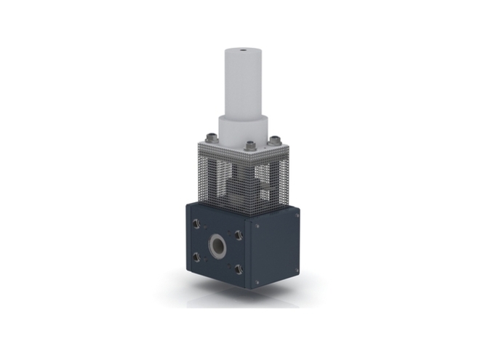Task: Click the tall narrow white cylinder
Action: tap(242, 84)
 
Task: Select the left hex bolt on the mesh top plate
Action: tap(211, 138)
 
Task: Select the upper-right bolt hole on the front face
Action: tap(238, 234)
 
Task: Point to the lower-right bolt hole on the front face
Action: tap(238, 269)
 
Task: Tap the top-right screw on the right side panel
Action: tap(295, 212)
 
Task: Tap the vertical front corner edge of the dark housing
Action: tap(248, 255)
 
